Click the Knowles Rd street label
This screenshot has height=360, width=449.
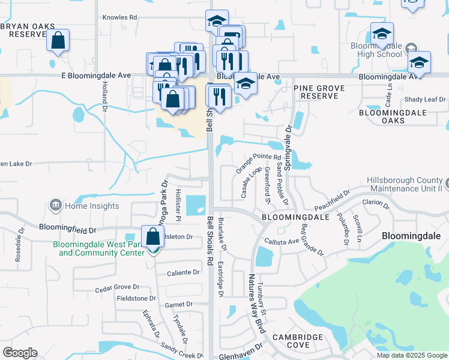pos(120,17)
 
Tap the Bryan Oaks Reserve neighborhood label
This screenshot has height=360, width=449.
pos(28,31)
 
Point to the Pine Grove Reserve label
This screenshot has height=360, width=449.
pos(319,92)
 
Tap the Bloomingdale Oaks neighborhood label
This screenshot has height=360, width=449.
pos(390,116)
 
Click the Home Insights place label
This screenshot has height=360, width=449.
pos(92,206)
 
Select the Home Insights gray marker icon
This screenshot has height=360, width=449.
pos(55,206)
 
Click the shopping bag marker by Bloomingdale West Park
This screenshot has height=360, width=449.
pos(153,236)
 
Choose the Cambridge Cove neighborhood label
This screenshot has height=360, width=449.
pos(298,341)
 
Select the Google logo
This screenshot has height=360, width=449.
pos(20,353)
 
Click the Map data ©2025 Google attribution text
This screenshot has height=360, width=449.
pos(411,355)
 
